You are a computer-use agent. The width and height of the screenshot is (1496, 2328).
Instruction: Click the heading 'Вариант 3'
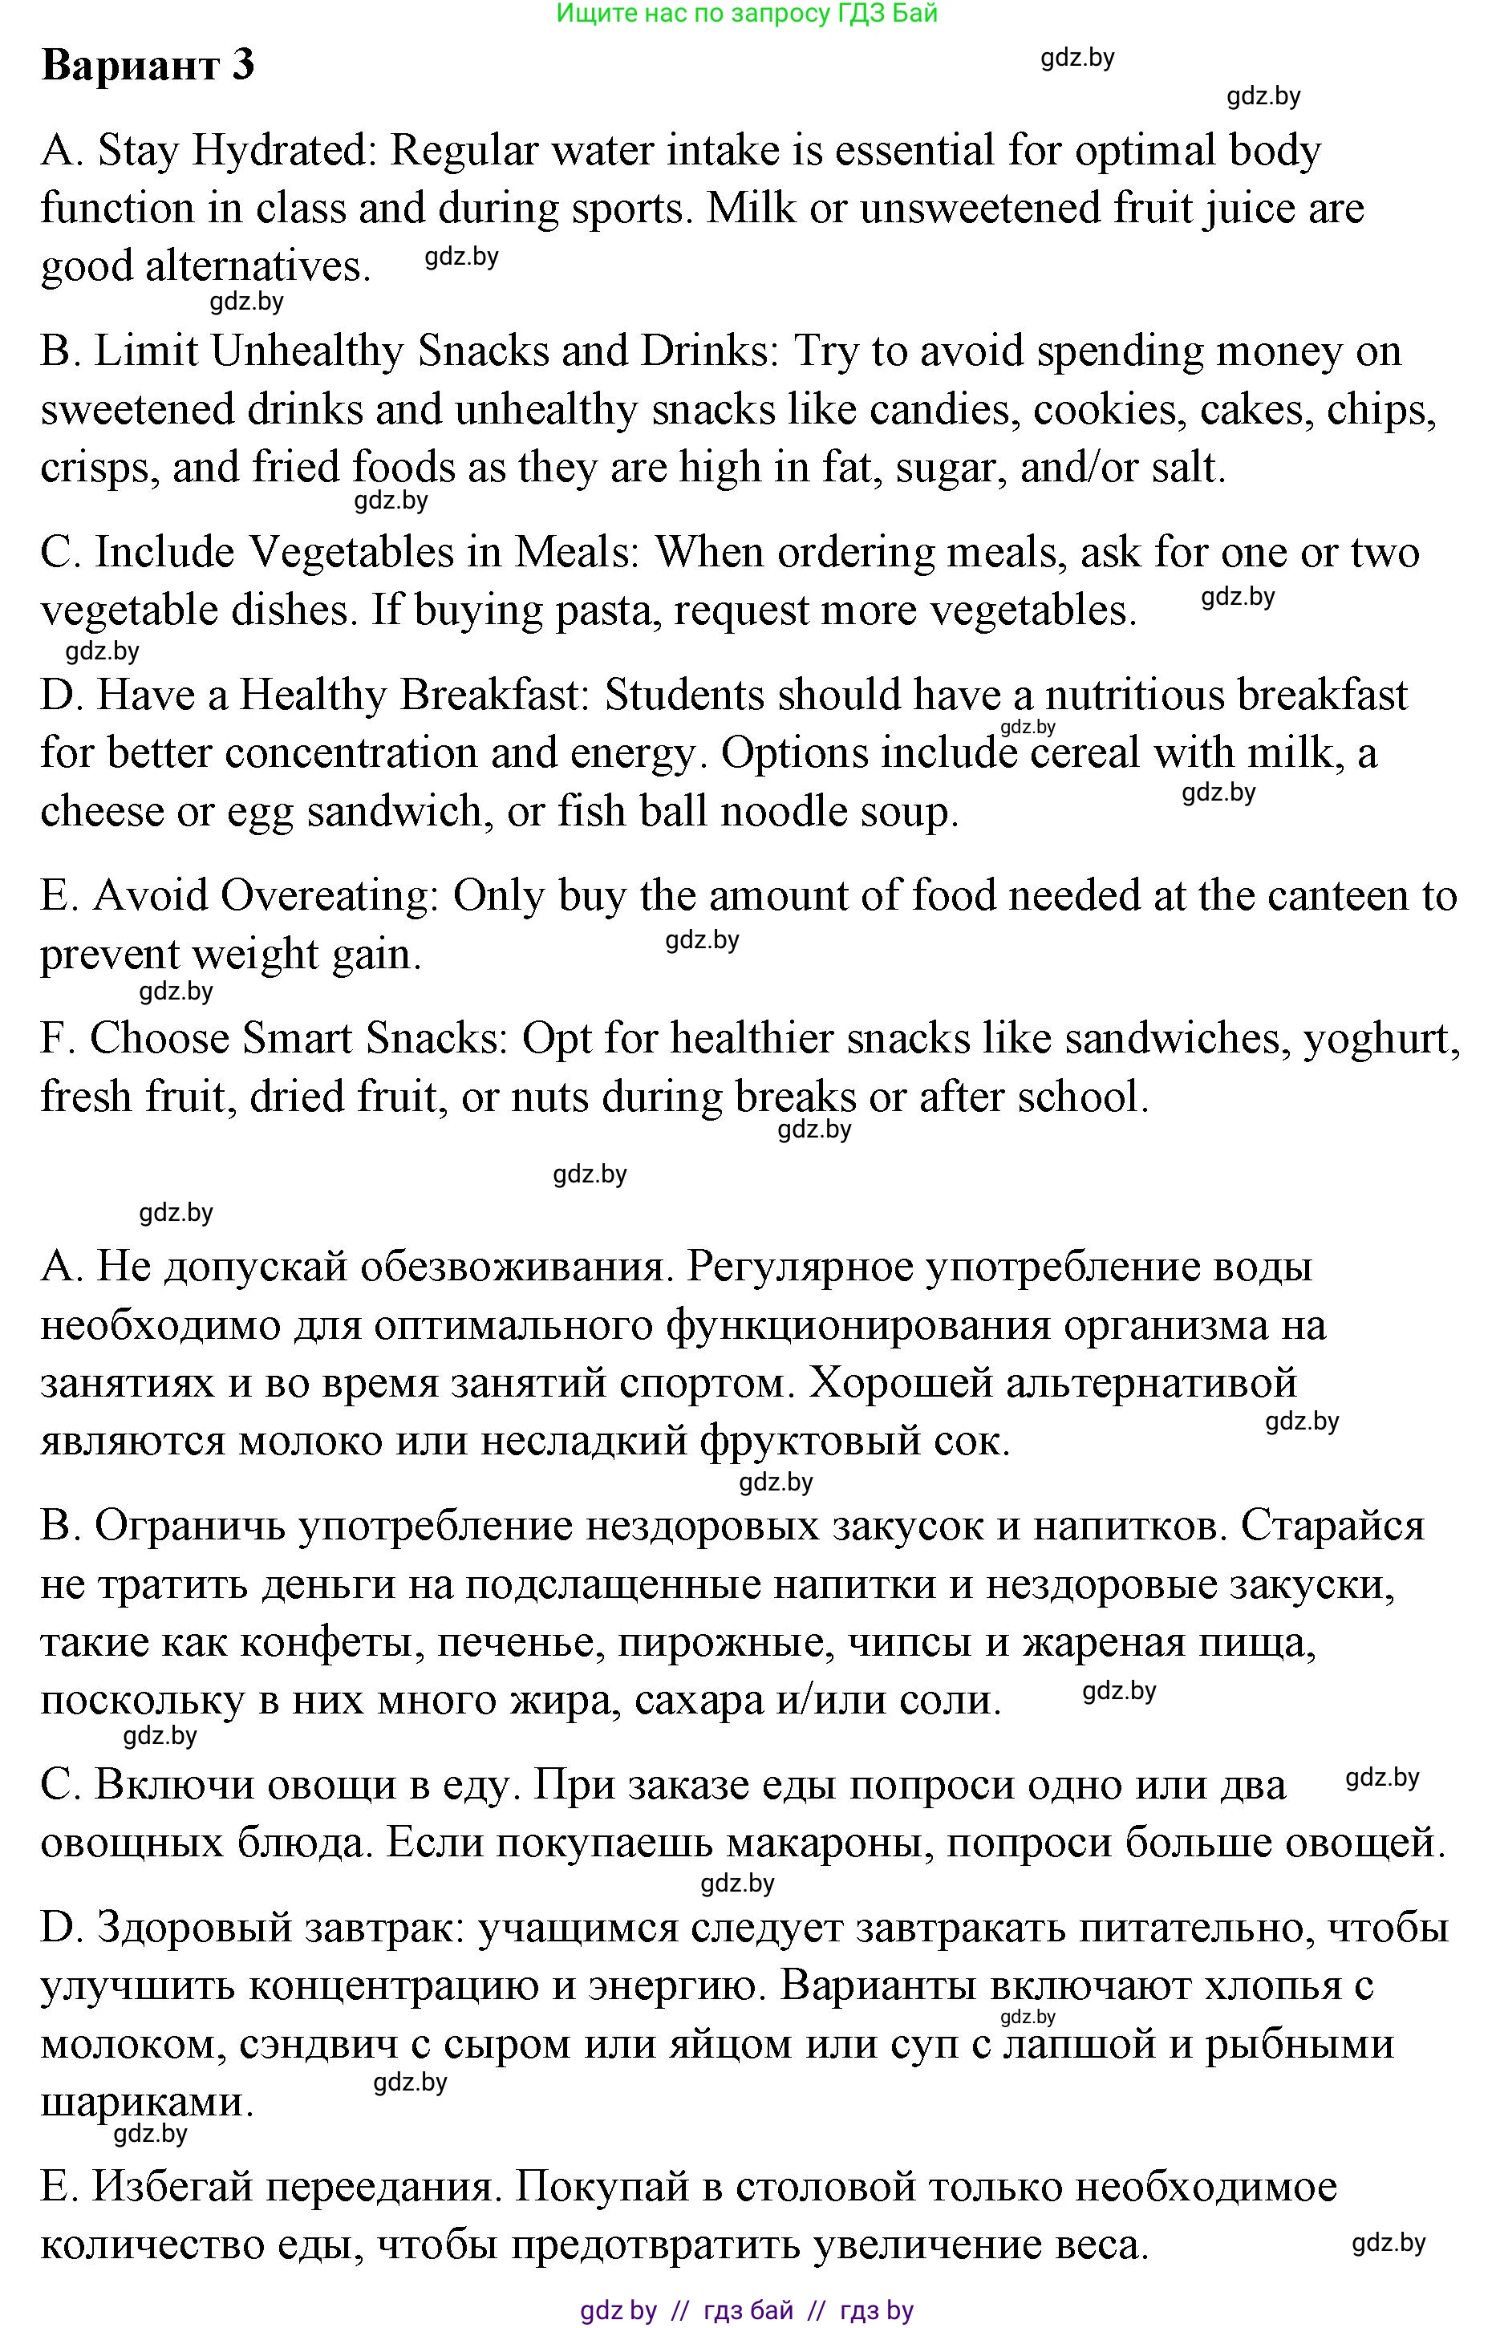148,65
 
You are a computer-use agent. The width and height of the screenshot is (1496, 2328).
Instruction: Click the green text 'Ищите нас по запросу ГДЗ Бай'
747,13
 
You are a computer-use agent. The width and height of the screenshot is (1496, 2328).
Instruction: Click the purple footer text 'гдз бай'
747,2310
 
